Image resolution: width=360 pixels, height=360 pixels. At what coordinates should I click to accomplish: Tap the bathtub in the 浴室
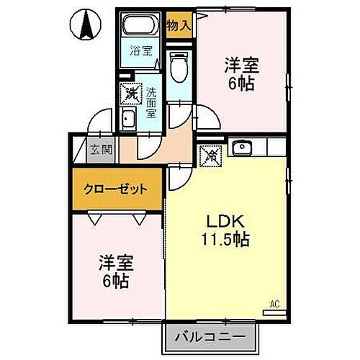point(140,27)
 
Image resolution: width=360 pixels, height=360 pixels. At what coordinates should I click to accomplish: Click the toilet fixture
point(178,68)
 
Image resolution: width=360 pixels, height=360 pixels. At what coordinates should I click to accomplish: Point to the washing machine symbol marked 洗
point(131,93)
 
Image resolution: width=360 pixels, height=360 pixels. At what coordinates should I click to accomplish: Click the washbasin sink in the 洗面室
point(130,120)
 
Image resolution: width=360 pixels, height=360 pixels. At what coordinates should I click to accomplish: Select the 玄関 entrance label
point(101,150)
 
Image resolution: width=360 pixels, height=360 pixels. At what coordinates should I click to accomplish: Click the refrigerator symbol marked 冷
point(212,153)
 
